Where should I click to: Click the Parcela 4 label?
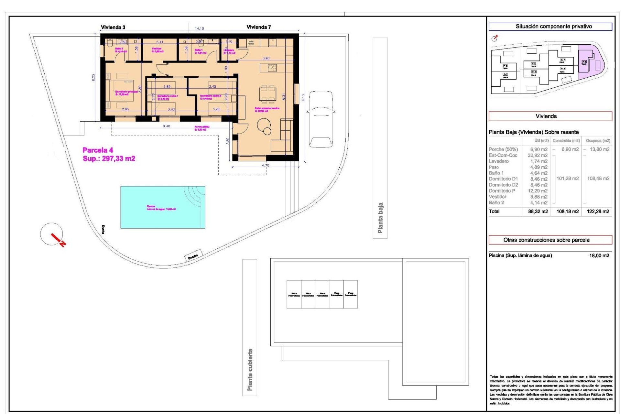pos(98,150)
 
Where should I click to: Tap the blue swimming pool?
pos(163,207)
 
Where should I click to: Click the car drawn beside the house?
pos(321,119)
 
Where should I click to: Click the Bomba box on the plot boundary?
pos(193,255)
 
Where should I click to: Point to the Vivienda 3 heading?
pos(113,27)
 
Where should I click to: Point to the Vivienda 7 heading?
pos(258,27)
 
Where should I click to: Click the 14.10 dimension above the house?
pos(199,28)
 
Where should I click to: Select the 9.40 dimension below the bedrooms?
pos(166,126)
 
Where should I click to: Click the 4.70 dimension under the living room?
pos(265,165)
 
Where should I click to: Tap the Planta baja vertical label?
pos(380,218)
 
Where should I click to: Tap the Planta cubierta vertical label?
pos(250,369)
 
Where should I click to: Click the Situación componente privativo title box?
pos(550,27)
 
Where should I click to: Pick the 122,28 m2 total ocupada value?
pos(598,212)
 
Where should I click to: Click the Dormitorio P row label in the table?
pos(502,191)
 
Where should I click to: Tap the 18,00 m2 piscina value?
pos(599,256)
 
